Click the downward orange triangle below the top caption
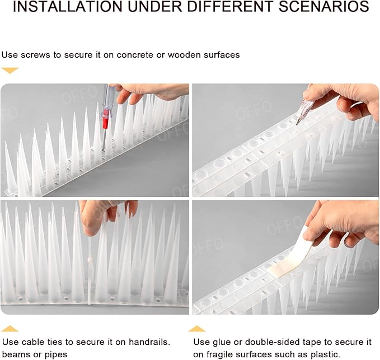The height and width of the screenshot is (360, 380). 10,71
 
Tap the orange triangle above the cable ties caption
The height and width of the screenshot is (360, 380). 10,329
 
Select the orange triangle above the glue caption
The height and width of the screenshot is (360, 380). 196,329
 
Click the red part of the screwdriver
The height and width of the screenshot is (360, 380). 105,120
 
